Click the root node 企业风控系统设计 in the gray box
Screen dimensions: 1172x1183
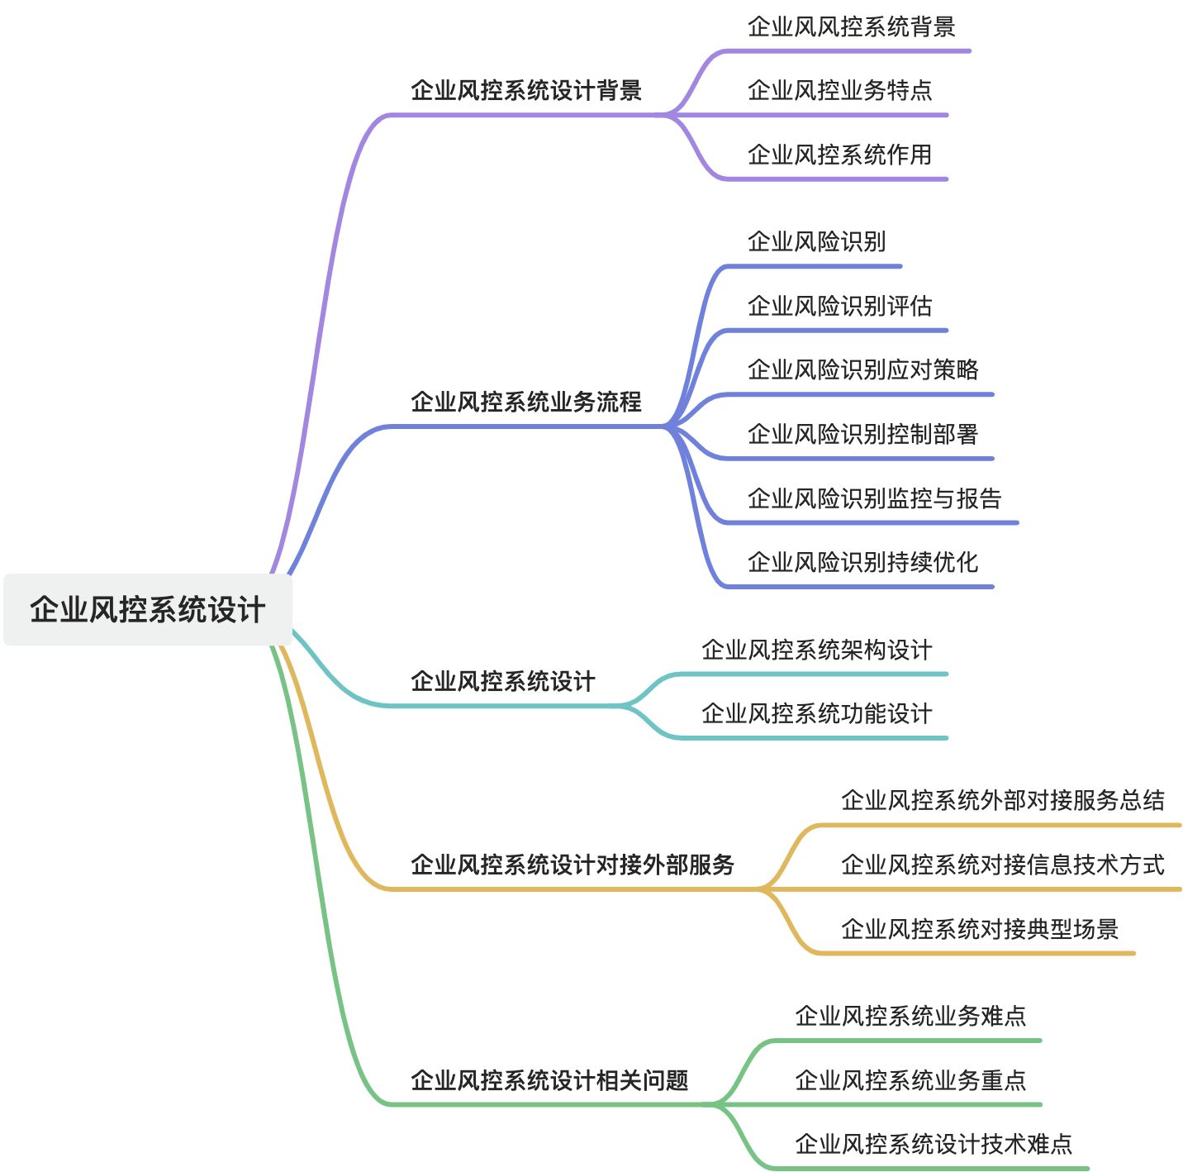pos(147,610)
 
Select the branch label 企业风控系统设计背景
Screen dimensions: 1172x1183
pos(526,90)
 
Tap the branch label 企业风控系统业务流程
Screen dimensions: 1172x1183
pos(526,402)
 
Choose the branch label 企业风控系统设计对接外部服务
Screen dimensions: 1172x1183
pos(572,865)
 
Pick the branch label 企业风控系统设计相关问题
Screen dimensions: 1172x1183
pos(549,1080)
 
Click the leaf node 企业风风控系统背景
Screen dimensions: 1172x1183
pos(851,26)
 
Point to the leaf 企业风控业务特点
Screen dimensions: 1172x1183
pos(839,90)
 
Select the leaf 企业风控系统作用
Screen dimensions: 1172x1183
pos(839,155)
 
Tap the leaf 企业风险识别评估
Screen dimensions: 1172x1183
pos(839,306)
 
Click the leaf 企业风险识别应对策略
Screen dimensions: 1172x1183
pos(862,369)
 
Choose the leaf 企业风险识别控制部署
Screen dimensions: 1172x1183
pos(862,434)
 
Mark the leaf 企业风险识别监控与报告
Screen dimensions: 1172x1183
pos(874,498)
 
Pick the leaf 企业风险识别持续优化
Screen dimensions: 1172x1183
pos(862,562)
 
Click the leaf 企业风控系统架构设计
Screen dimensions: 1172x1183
pos(816,650)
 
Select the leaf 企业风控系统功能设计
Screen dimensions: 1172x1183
pos(816,713)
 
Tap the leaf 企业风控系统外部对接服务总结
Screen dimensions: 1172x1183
pos(1002,800)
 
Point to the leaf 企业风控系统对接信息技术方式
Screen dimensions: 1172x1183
pos(1002,865)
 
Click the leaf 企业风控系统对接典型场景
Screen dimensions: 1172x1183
pos(979,929)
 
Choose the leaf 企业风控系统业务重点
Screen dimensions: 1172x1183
pos(910,1080)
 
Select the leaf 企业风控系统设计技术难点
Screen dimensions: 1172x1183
pos(933,1144)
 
